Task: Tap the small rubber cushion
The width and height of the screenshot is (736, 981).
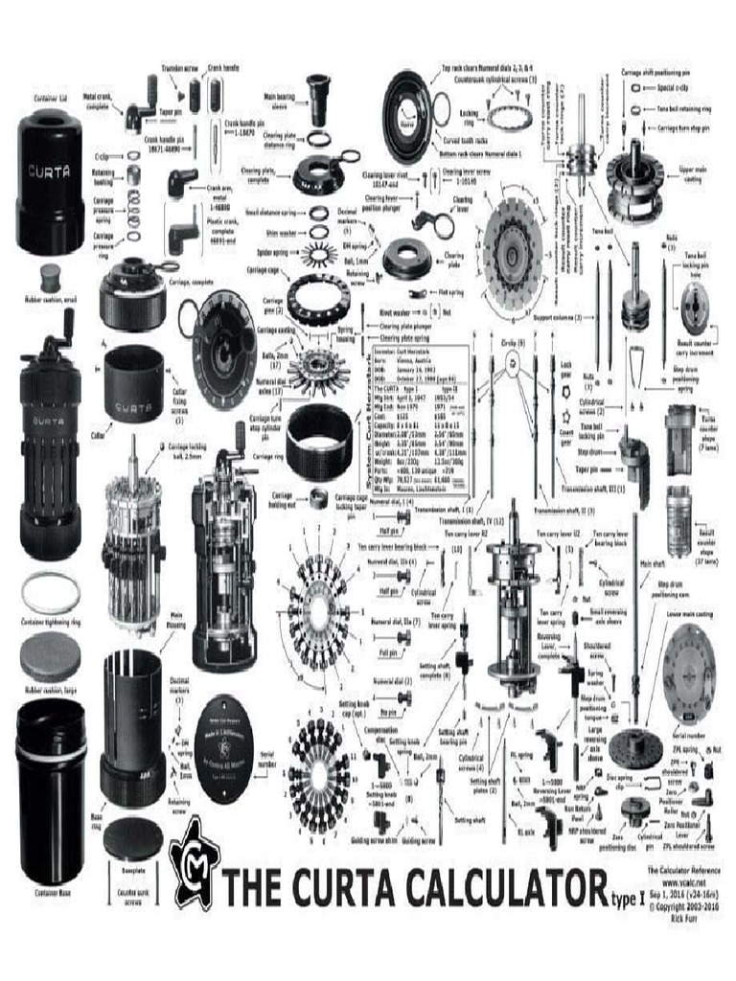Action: pos(51,279)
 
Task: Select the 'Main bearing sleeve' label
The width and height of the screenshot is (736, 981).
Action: pos(281,99)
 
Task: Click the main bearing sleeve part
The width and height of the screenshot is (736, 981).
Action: pos(317,101)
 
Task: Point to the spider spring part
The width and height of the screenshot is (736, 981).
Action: pos(317,254)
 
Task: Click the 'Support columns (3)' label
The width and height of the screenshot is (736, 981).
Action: pos(557,316)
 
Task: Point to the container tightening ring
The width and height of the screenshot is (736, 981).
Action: pos(50,593)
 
